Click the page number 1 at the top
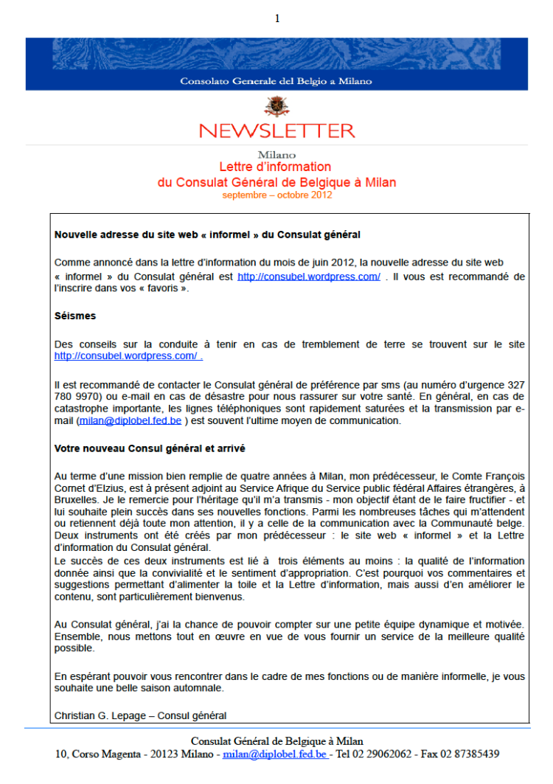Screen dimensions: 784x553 (276, 18)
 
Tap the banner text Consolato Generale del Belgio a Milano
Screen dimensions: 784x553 (276, 81)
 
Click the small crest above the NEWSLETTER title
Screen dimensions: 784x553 (276, 108)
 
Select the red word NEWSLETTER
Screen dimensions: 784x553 (276, 131)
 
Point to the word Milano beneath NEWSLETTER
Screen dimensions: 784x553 (276, 155)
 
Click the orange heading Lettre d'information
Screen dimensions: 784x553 (275, 167)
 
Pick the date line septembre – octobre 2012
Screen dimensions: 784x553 (276, 195)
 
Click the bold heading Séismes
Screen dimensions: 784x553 (75, 316)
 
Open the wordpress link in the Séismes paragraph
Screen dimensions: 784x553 (127, 356)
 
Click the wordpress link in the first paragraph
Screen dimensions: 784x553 (309, 277)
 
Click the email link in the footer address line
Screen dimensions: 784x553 (275, 754)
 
